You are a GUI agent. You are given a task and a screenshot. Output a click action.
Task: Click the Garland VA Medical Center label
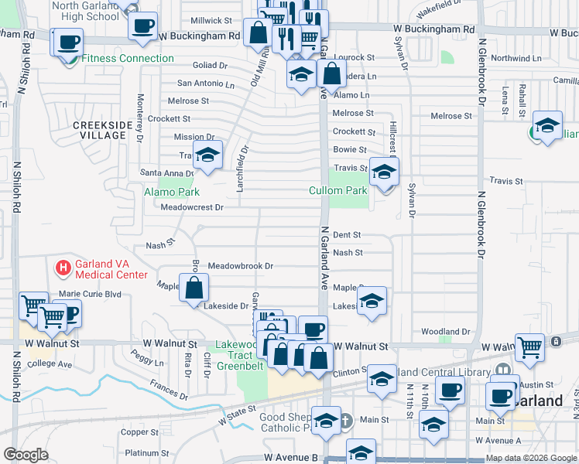(x=111, y=269)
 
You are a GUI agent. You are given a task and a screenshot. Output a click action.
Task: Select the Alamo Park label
(x=171, y=192)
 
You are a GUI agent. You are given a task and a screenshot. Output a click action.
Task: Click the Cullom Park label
(x=337, y=190)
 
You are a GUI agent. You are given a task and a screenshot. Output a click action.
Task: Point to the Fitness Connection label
(x=128, y=58)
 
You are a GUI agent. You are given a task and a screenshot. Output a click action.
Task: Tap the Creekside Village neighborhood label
(x=98, y=130)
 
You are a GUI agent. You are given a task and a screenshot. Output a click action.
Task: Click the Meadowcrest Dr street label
(x=192, y=207)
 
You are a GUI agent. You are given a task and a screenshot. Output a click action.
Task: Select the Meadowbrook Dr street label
(x=240, y=266)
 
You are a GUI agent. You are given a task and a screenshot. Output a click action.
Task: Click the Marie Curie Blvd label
(x=91, y=294)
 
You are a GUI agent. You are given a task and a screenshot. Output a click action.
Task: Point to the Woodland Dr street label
(x=446, y=332)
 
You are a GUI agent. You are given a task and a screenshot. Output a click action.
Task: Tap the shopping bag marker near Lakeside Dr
(x=193, y=289)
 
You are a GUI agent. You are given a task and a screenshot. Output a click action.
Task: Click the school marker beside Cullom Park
(x=383, y=172)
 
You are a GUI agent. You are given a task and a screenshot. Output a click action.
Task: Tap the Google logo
(x=26, y=455)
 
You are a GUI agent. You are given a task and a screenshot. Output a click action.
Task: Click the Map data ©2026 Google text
(x=531, y=458)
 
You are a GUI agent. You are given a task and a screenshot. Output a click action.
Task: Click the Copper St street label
(x=139, y=432)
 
